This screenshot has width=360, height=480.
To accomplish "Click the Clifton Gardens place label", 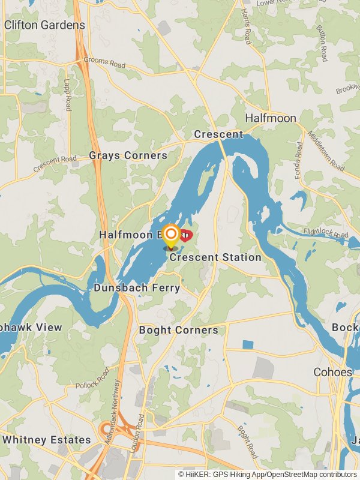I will pyautogui.click(x=44, y=25).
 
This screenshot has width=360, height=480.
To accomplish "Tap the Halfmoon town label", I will pyautogui.click(x=271, y=118).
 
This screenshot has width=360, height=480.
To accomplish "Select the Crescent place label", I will pyautogui.click(x=218, y=134).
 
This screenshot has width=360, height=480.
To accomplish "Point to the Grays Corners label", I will pyautogui.click(x=128, y=155).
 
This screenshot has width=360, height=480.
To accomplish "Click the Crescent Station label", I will pyautogui.click(x=215, y=257).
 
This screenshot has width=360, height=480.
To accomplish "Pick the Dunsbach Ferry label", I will pyautogui.click(x=137, y=288).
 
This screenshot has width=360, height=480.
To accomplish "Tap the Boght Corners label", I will pyautogui.click(x=178, y=330).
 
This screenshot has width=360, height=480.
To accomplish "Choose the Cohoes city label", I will pyautogui.click(x=332, y=372).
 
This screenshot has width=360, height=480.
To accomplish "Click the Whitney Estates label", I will pyautogui.click(x=46, y=440).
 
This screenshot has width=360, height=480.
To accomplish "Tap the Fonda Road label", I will pyautogui.click(x=299, y=156).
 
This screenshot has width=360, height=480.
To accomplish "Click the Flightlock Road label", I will pyautogui.click(x=326, y=233).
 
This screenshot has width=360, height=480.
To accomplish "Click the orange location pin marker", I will pyautogui.click(x=171, y=235).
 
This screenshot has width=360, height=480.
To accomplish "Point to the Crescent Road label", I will pyautogui.click(x=55, y=164).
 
